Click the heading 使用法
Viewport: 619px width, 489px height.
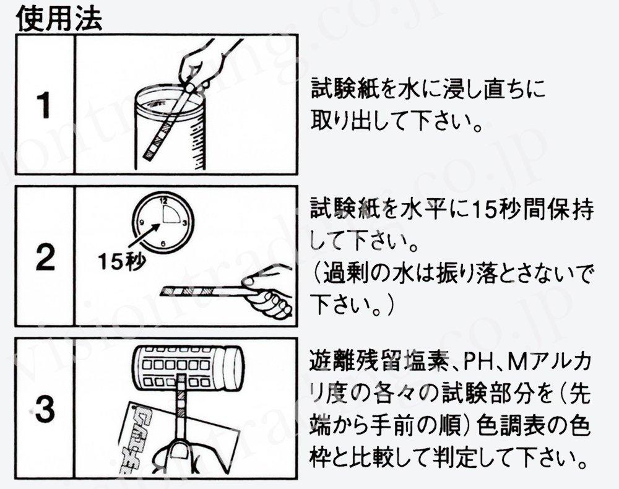tap(59, 19)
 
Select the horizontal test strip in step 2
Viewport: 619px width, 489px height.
tap(204, 289)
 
